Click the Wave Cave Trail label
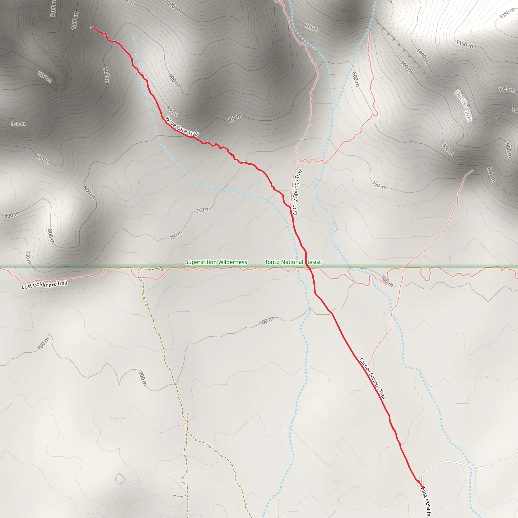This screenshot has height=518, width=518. [x=182, y=126]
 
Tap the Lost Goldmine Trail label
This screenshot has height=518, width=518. [x=45, y=285]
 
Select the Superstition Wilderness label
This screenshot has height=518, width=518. [x=216, y=262]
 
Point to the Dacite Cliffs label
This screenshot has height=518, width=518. [x=463, y=106]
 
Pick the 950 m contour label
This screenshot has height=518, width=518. [x=18, y=124]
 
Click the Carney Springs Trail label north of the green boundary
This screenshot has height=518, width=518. [x=297, y=192]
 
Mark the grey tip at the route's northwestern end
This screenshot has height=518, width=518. [x=91, y=27]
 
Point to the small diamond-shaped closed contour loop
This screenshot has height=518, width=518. [x=120, y=479]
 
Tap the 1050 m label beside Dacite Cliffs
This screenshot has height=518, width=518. [x=506, y=89]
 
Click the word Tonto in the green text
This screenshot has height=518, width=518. [x=272, y=262]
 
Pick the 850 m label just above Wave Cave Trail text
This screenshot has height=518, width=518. [x=172, y=111]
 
